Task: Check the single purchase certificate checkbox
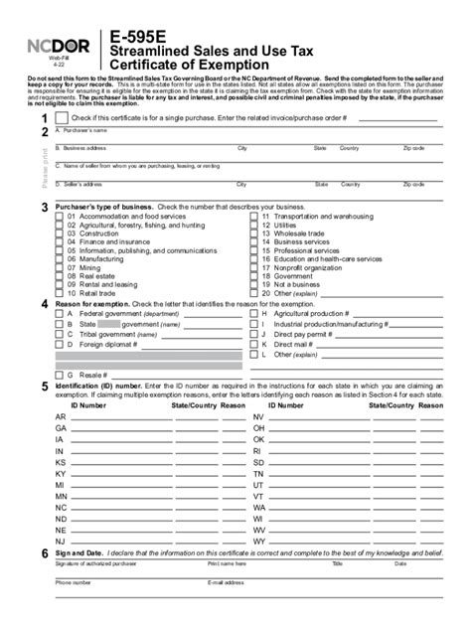(x=62, y=118)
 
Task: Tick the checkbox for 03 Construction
(x=61, y=233)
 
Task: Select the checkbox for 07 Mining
(x=61, y=267)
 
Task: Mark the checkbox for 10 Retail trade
(x=61, y=293)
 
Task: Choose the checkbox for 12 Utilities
(x=253, y=224)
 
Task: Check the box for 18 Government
(x=253, y=276)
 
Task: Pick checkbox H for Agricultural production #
(x=252, y=313)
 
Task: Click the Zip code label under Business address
(x=413, y=147)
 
